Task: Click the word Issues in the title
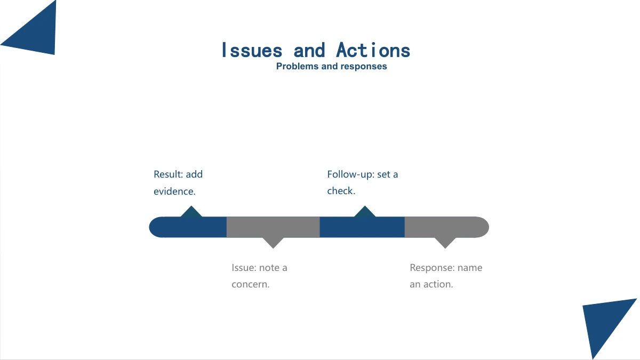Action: [252, 50]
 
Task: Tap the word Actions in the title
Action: [373, 50]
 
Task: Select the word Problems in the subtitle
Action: [297, 66]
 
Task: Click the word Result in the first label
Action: [169, 174]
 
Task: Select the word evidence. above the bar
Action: [174, 191]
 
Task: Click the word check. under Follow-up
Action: [341, 191]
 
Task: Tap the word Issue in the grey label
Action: [244, 268]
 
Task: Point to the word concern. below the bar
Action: [251, 284]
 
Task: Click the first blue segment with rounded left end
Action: [188, 227]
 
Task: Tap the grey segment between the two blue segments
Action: [273, 227]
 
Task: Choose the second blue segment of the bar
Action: [362, 227]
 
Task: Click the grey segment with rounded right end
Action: [446, 227]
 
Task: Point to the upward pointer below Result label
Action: [191, 212]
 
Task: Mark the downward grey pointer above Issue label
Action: [273, 243]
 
